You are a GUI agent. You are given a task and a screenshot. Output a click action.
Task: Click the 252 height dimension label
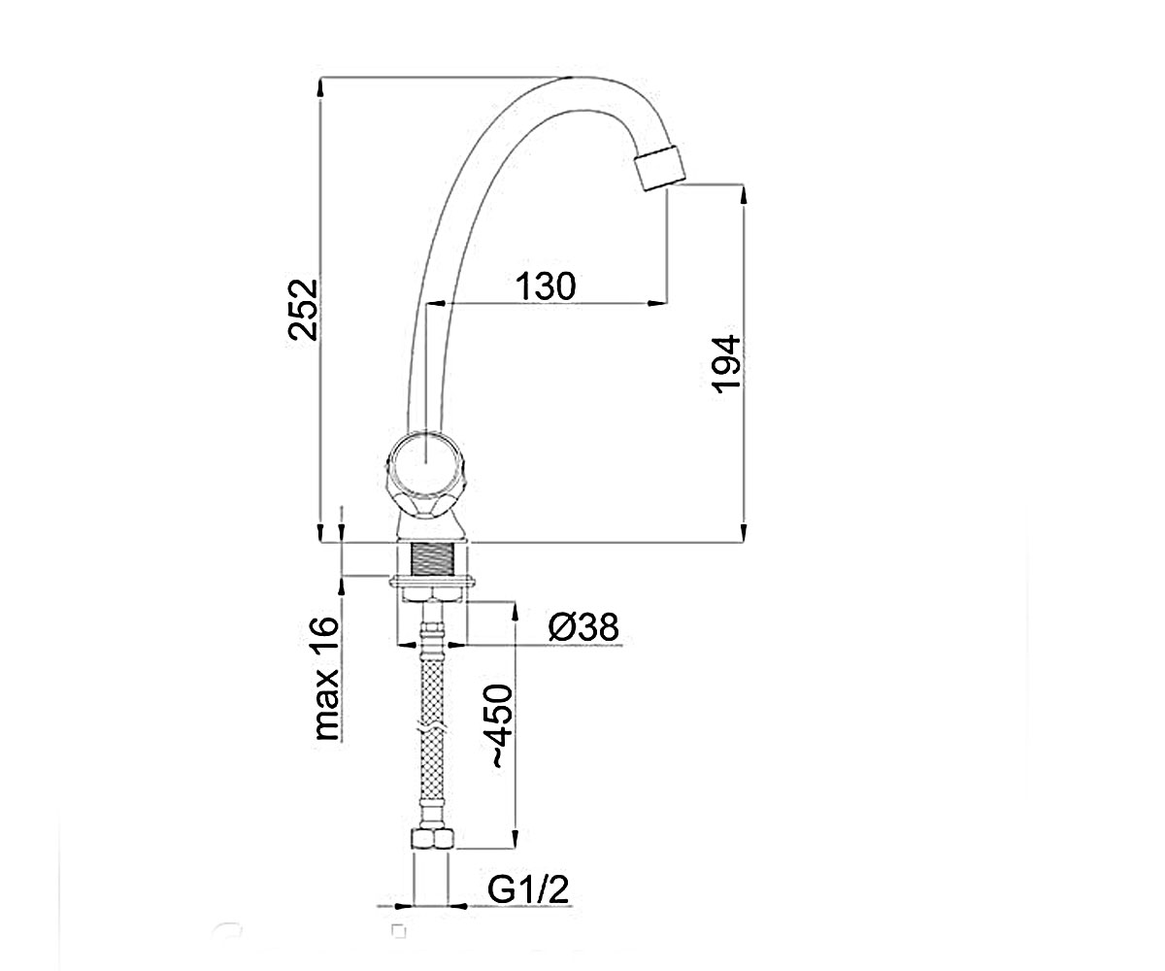point(303,309)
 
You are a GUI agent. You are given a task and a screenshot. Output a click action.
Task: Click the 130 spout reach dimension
point(545,286)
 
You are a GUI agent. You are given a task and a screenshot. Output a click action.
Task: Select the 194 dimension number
point(726,364)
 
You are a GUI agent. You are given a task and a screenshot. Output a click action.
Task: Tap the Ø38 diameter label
point(583,626)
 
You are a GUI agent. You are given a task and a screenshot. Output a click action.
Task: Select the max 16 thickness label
point(326,678)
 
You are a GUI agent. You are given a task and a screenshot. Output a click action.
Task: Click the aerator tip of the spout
point(659,167)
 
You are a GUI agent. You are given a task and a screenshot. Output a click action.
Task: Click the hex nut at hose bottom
point(431,839)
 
